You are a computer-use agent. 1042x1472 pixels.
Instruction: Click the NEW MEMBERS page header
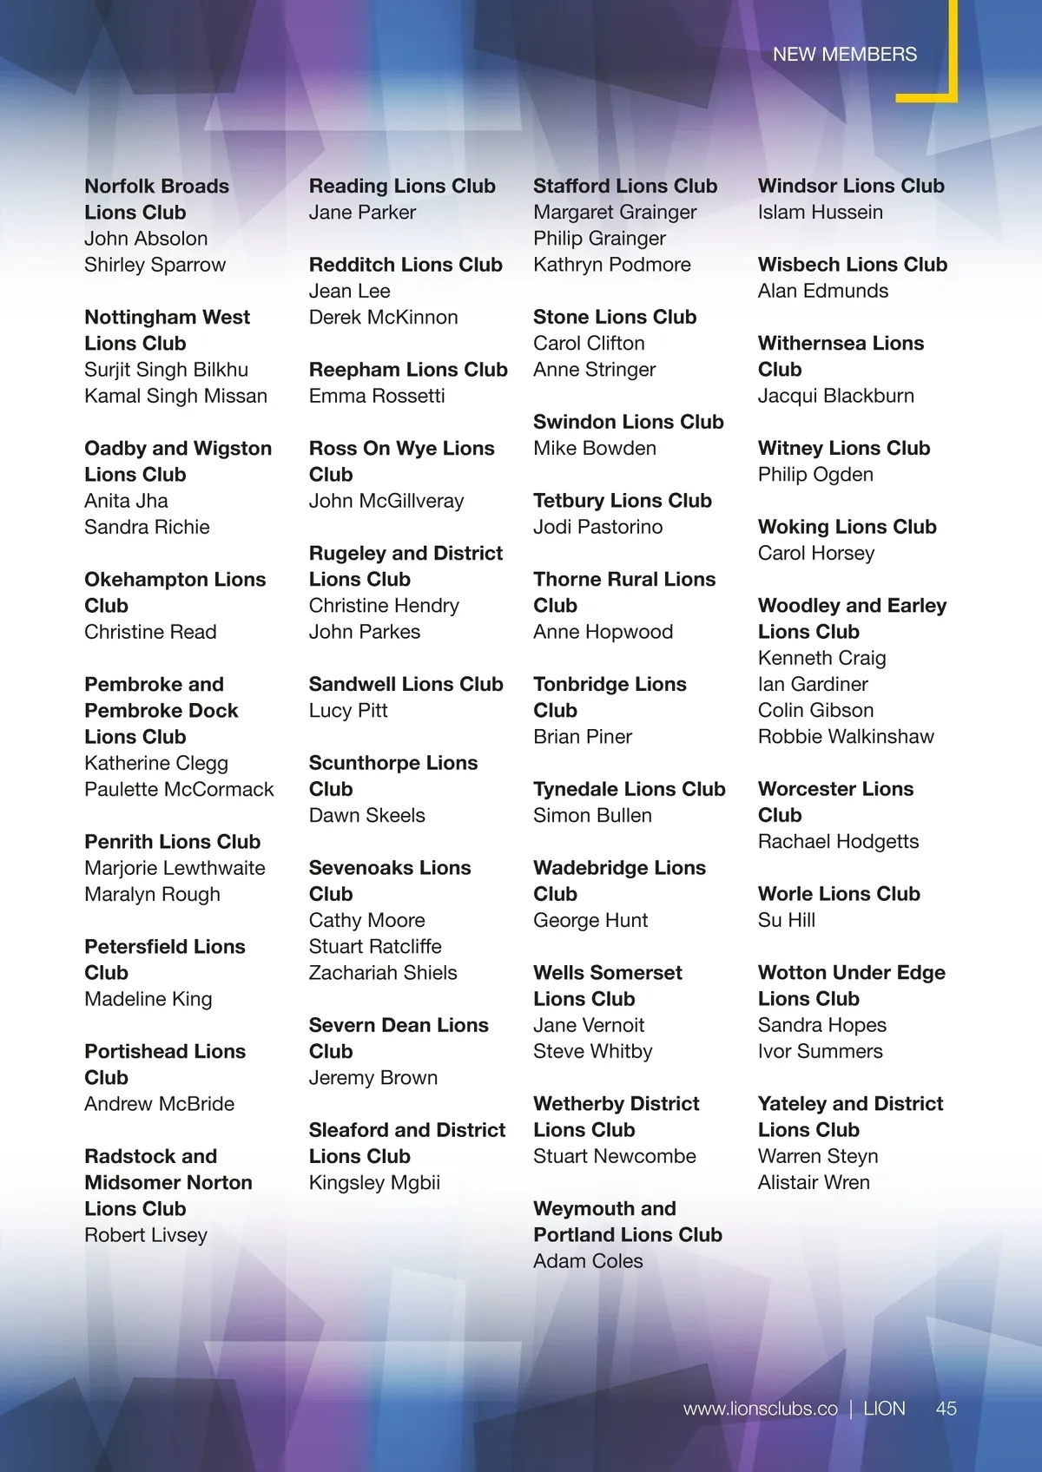(x=844, y=54)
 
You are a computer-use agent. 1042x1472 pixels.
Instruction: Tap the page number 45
(x=946, y=1409)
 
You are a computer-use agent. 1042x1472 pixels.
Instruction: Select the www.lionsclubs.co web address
(x=760, y=1409)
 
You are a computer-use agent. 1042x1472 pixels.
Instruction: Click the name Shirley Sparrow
(x=155, y=265)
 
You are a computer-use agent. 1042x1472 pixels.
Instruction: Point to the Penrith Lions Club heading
(x=172, y=842)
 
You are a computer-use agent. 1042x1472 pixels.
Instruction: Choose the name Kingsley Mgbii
(x=374, y=1183)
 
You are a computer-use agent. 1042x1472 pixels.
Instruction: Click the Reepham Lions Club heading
(x=408, y=370)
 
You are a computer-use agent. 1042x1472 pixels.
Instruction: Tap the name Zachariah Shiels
(x=382, y=973)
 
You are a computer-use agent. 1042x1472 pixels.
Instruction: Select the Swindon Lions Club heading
(x=628, y=422)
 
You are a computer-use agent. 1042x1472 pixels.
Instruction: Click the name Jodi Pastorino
(x=597, y=527)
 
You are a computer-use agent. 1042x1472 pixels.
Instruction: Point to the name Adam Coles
(x=588, y=1261)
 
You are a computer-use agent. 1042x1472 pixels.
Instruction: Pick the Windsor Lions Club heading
(x=851, y=186)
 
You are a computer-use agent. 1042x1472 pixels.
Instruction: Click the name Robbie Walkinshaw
(x=846, y=737)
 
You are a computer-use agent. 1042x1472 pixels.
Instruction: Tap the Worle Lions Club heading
(x=839, y=894)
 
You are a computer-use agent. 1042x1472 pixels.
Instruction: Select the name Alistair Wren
(x=814, y=1182)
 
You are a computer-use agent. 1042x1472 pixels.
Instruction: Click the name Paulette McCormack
(x=179, y=790)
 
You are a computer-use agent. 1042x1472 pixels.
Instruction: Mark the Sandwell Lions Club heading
(x=406, y=684)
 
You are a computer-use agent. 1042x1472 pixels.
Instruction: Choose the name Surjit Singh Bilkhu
(x=166, y=370)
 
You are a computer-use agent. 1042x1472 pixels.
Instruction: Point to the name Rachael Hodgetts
(x=838, y=842)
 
